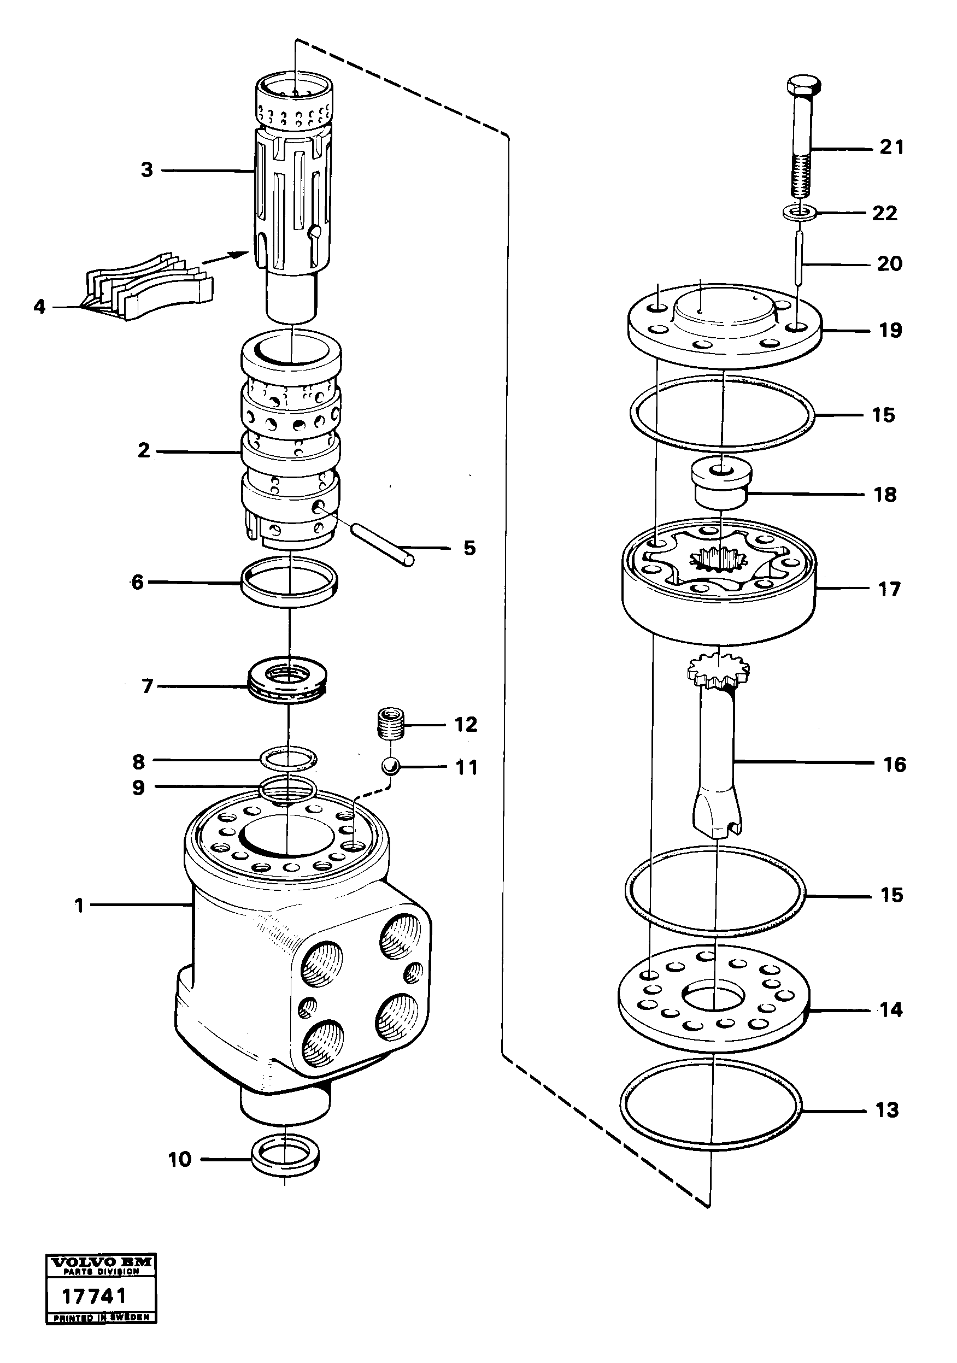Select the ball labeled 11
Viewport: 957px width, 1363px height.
click(391, 766)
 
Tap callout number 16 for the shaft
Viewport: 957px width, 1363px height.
click(894, 764)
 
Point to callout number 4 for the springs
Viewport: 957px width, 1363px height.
click(39, 307)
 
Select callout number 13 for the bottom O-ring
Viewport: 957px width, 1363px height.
click(887, 1109)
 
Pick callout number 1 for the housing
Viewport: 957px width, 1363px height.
click(79, 906)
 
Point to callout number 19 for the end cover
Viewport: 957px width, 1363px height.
click(890, 330)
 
